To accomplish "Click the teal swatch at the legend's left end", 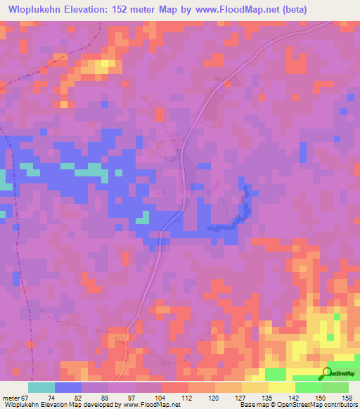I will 41,387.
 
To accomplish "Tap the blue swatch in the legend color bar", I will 68,387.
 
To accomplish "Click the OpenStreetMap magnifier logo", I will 328,374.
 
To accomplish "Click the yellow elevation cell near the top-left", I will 105,65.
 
